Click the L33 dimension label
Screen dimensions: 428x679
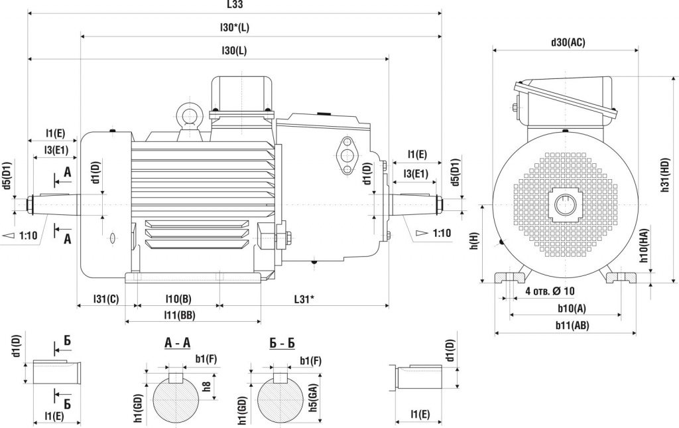point(235,5)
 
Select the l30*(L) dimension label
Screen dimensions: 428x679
point(235,28)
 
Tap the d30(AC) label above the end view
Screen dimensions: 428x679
point(568,42)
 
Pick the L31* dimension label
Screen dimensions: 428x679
point(304,299)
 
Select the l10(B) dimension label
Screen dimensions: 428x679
point(178,299)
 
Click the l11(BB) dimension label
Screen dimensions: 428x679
point(180,316)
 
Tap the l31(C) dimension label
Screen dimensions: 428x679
point(105,299)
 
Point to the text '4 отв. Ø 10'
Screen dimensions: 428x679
point(550,291)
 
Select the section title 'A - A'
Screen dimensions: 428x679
point(177,343)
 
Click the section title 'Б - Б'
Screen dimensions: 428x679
point(282,343)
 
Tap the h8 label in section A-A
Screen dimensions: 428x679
point(206,386)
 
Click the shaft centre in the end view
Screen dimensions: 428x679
point(566,204)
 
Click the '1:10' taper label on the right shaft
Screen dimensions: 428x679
point(441,233)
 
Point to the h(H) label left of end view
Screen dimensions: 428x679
point(473,242)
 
